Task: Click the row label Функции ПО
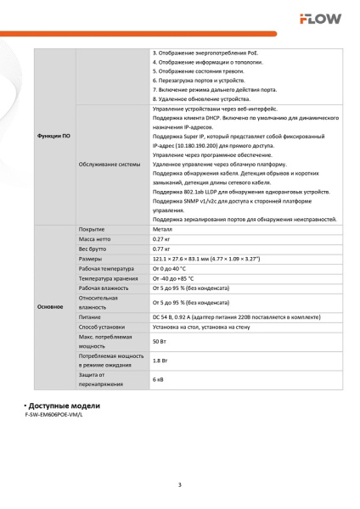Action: click(54, 137)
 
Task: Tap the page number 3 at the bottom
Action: click(180, 484)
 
